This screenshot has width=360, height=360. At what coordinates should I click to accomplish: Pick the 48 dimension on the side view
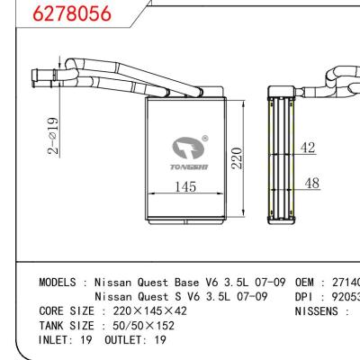[310, 183]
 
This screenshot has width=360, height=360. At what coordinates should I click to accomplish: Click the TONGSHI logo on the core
[189, 153]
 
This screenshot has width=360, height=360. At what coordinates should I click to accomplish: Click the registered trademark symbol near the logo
[206, 138]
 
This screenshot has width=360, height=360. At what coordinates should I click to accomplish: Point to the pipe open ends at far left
[33, 74]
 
